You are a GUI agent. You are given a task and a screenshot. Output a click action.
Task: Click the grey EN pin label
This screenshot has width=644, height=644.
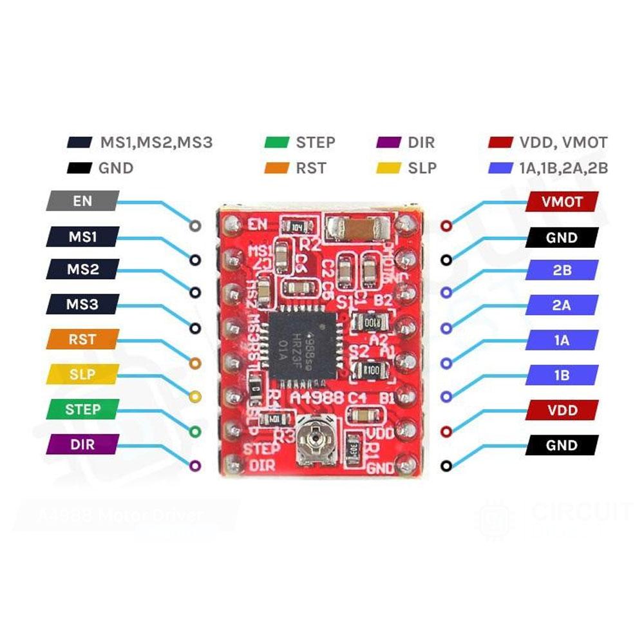point(82,201)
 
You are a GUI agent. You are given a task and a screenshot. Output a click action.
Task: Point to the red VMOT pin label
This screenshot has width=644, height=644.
point(562,202)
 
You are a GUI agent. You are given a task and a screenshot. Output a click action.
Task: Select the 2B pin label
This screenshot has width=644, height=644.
point(562,270)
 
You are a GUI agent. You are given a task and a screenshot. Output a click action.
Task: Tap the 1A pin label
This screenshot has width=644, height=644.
point(562,340)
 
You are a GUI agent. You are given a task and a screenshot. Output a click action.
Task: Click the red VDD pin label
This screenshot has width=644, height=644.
point(562,410)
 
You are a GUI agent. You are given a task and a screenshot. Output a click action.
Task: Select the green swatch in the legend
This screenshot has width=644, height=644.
point(276,143)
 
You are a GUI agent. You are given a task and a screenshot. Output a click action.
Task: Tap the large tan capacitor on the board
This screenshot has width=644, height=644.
point(358,227)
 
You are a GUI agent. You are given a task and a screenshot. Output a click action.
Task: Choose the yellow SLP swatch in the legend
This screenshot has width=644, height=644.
point(387,169)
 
